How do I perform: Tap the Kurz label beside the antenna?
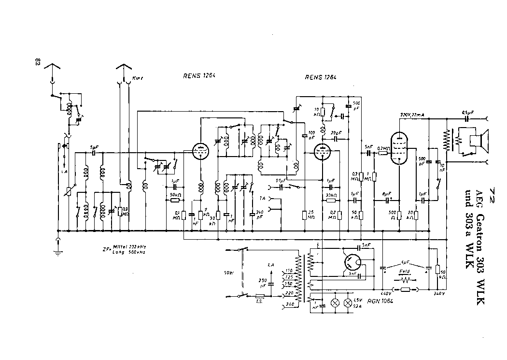[x=140, y=78]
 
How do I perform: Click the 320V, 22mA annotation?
[x=412, y=115]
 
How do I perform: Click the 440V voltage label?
[x=385, y=293]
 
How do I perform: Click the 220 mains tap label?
[x=290, y=293]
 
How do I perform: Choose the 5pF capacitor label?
[x=94, y=147]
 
